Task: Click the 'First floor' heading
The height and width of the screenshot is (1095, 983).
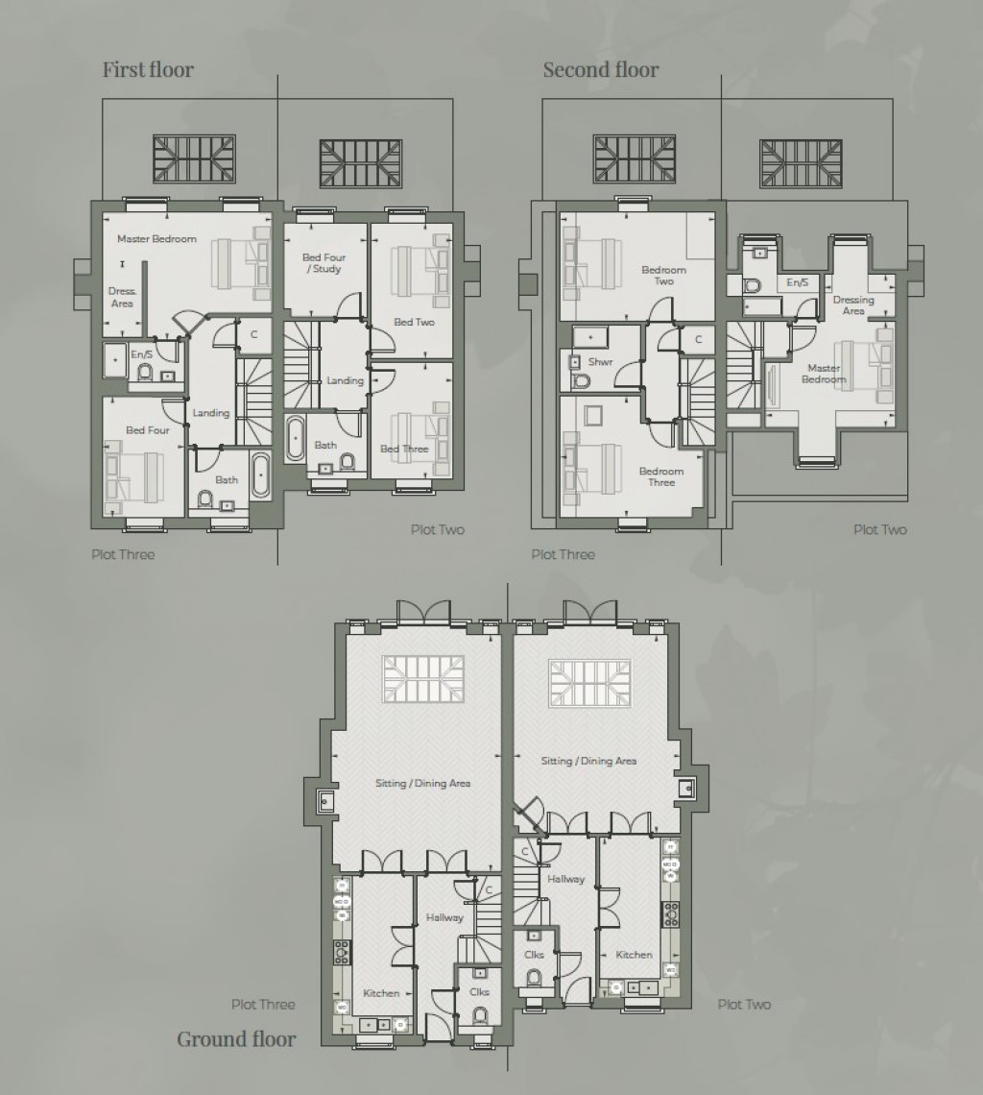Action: click(148, 69)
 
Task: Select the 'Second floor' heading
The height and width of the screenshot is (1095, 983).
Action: click(601, 69)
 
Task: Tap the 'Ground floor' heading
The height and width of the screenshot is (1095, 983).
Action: click(236, 1038)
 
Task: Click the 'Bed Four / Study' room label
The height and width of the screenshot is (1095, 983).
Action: click(324, 263)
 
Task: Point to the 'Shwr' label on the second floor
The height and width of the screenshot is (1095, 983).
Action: click(601, 362)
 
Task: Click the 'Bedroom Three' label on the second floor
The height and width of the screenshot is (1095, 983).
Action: click(661, 476)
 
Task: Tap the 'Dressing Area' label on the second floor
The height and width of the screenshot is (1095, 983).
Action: click(853, 305)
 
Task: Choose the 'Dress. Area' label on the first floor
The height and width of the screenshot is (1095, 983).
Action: click(122, 297)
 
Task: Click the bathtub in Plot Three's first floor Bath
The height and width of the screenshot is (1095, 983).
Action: click(260, 475)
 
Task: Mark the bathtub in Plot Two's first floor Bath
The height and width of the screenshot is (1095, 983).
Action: click(295, 440)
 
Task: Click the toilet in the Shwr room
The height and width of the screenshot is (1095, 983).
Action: click(580, 379)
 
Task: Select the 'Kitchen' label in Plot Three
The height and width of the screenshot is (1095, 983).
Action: click(381, 992)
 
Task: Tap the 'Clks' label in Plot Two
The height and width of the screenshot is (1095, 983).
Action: click(534, 955)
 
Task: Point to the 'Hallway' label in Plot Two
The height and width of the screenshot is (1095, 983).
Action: click(566, 879)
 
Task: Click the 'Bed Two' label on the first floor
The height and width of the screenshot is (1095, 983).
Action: click(414, 322)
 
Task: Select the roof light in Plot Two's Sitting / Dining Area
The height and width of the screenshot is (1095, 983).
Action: click(589, 683)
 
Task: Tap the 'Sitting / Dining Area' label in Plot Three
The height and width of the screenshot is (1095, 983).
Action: click(422, 783)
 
